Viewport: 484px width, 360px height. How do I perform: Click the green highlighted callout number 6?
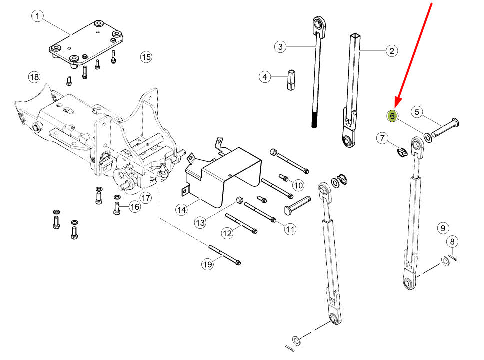tap(392, 116)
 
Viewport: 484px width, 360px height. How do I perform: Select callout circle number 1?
tap(37, 16)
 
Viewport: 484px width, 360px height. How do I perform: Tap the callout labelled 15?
tap(146, 57)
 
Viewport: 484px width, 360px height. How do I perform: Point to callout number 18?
tap(34, 77)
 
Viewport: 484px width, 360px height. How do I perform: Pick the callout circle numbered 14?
tap(181, 210)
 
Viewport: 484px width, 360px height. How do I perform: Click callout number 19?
tap(207, 264)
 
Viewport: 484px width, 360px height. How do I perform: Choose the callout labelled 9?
tap(443, 228)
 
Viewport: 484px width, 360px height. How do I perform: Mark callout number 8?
tap(452, 241)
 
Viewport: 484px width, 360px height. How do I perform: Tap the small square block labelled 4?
tap(291, 80)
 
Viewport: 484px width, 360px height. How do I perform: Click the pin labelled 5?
tap(445, 127)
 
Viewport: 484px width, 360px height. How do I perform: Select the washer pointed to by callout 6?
tap(428, 137)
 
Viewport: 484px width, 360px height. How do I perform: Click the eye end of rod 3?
tap(319, 27)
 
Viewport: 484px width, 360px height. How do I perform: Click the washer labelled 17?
tap(117, 197)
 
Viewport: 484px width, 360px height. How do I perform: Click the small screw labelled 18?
tap(69, 80)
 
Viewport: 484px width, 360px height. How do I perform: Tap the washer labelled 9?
tap(445, 261)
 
